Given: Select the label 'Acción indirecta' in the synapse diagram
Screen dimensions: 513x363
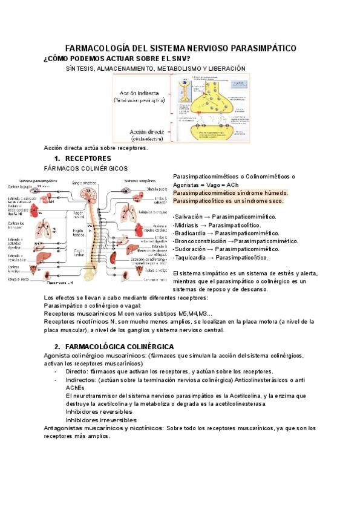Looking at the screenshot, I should point(139,94).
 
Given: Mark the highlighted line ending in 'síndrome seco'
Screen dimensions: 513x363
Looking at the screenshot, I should point(228,200).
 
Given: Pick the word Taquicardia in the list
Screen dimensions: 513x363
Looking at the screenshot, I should point(191,257).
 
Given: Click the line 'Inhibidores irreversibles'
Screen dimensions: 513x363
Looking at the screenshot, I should point(99,420).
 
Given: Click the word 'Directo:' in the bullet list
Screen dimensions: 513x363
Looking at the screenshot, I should point(78,371).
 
